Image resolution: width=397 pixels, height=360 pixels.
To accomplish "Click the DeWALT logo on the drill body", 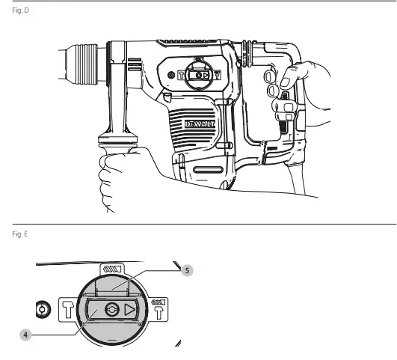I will click(x=198, y=122).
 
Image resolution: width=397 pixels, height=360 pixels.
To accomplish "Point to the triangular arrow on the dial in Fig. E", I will click(x=130, y=308).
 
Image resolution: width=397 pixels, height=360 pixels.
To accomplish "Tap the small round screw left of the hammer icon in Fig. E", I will click(x=42, y=308).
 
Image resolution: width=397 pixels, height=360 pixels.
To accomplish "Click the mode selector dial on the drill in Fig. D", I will click(x=198, y=75).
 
